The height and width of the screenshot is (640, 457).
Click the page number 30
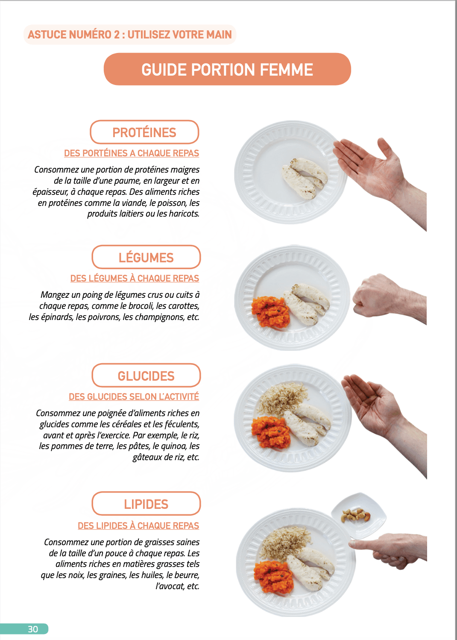coord(33,629)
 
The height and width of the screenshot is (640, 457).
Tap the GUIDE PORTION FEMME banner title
coord(227,70)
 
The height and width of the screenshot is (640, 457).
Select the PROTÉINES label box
coord(144,132)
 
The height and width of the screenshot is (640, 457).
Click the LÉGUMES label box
coord(146,257)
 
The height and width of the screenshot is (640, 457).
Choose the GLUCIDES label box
coord(146,376)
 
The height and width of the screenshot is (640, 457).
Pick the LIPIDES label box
coord(146,504)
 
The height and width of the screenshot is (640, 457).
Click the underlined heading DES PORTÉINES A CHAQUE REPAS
coord(132,153)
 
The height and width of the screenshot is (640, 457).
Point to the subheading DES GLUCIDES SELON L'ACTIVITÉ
coord(134,396)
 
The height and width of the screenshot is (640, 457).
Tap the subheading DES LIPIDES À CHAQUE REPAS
coord(138,526)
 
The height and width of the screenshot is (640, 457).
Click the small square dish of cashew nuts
coord(359,516)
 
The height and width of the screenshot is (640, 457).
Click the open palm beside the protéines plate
coord(380,177)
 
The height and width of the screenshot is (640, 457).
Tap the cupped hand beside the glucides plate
coord(384,417)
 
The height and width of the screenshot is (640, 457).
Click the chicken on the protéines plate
coord(305,178)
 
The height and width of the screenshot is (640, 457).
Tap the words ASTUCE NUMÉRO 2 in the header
coord(74,35)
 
